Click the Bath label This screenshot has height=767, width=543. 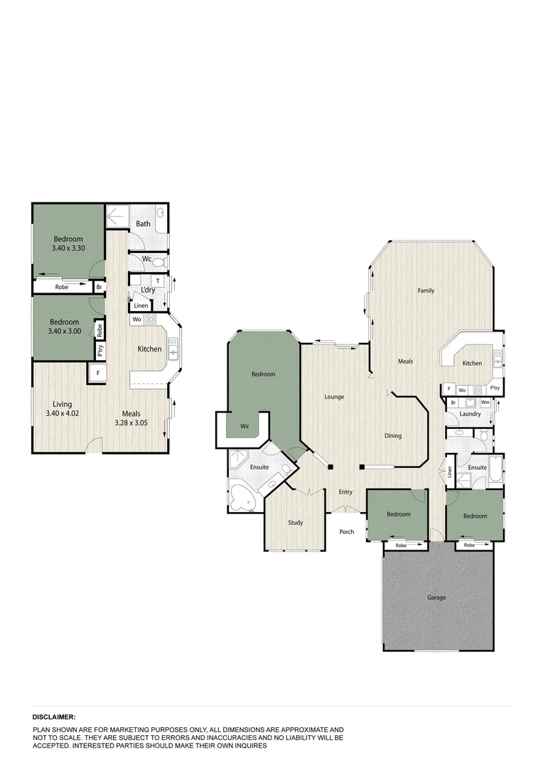(144, 224)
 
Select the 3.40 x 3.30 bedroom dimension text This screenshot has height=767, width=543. (68, 249)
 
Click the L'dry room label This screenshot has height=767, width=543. (148, 290)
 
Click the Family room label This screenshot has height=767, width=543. (426, 290)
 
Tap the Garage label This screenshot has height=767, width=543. (436, 597)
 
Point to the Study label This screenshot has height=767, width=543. (295, 523)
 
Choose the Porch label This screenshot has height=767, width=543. (346, 532)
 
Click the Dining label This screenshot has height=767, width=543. (393, 436)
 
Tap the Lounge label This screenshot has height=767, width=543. (334, 396)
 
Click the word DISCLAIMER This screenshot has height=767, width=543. (53, 718)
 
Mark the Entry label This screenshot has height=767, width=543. (345, 491)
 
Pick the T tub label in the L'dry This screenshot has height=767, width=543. (157, 281)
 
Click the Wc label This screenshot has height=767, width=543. (146, 259)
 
